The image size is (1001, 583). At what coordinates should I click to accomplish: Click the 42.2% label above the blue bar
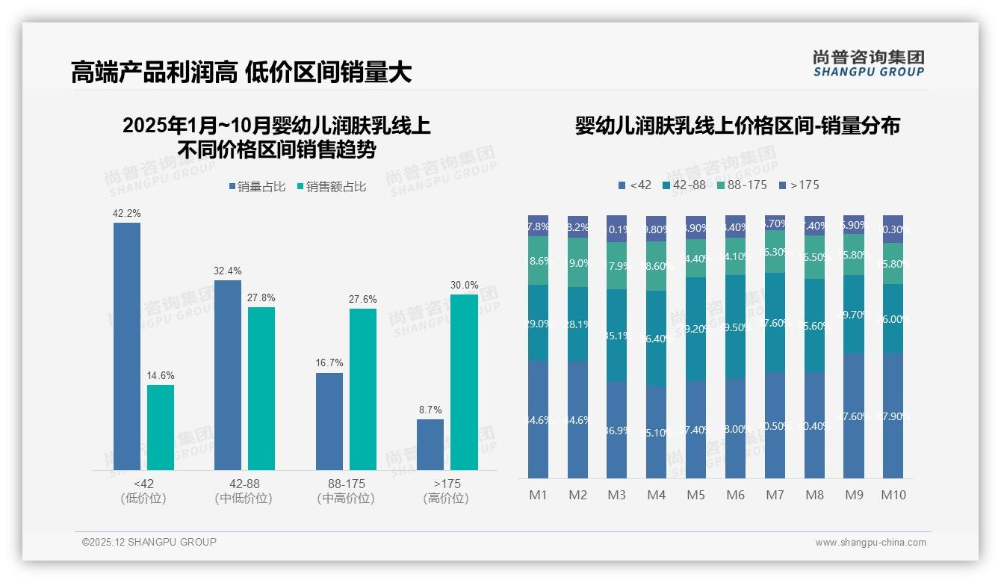tap(126, 213)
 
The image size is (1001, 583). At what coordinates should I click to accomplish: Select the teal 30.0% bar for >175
tap(464, 382)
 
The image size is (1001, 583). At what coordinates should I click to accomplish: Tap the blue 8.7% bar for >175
tap(430, 445)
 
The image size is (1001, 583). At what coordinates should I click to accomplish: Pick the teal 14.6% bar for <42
tap(161, 428)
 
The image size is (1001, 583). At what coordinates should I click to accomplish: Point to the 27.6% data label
tap(362, 299)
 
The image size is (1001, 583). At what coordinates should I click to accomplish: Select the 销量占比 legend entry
tap(256, 187)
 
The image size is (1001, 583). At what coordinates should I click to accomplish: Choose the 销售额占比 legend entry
tap(331, 187)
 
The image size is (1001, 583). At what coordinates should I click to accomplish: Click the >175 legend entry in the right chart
tap(799, 185)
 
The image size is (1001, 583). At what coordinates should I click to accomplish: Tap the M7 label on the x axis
tap(775, 495)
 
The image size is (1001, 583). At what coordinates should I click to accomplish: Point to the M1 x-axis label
tap(538, 495)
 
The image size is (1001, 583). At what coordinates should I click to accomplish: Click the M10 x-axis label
tap(893, 495)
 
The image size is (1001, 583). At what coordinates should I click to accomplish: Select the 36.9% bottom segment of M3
tap(617, 430)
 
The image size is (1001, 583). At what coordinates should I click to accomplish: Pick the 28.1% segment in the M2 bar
tap(577, 324)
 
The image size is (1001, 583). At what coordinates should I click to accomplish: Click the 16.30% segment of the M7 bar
tap(775, 251)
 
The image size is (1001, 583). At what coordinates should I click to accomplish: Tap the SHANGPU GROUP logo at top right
tap(868, 64)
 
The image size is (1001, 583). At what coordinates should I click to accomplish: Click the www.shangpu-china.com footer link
tap(870, 543)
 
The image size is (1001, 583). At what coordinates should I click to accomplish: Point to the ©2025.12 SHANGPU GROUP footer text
tap(149, 543)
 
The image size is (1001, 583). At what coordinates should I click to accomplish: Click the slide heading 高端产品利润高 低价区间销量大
tap(241, 73)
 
